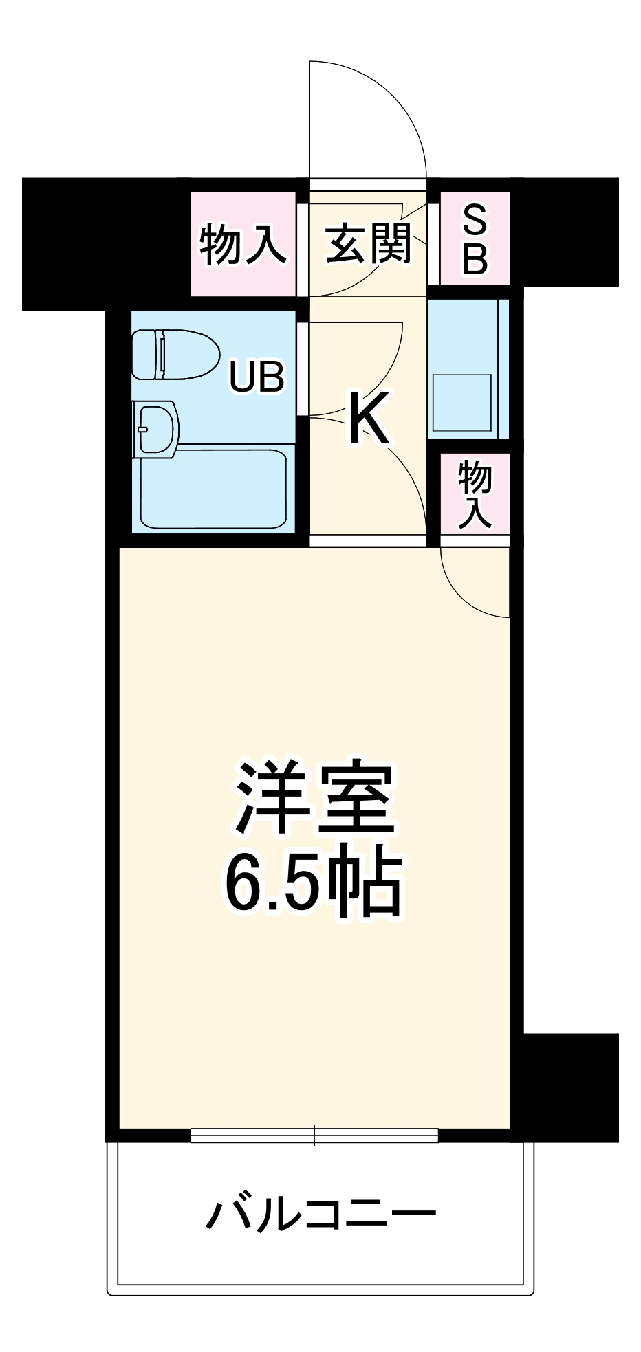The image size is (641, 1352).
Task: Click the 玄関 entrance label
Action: point(368,243)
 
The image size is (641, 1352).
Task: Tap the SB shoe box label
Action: point(475,241)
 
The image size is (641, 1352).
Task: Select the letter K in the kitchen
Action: point(368,418)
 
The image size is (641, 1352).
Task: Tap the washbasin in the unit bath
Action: point(157,428)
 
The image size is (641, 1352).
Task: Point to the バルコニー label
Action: point(320,1214)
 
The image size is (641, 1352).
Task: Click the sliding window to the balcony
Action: point(314,1135)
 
